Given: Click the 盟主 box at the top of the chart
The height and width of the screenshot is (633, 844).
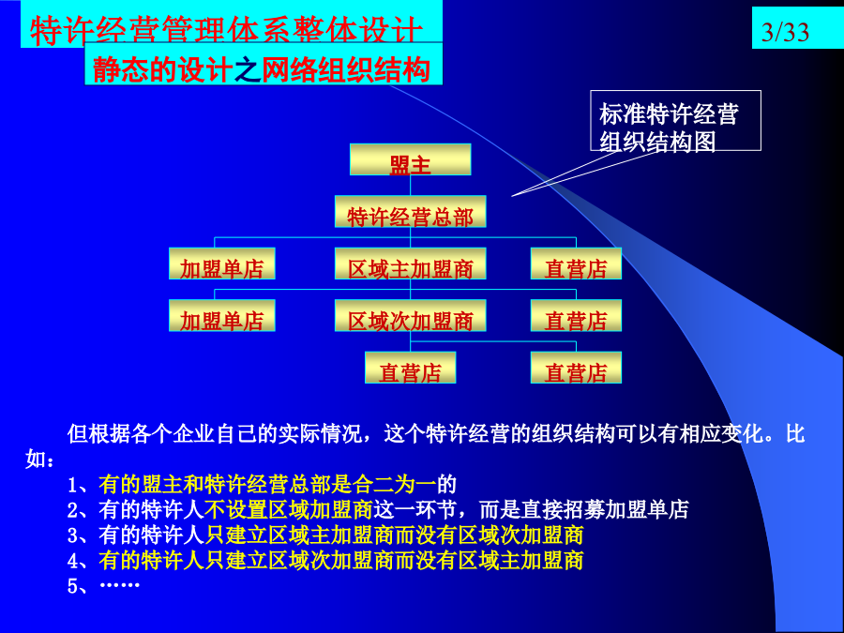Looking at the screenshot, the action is tap(410, 159).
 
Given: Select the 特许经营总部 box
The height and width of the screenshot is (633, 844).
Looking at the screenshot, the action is tap(410, 212).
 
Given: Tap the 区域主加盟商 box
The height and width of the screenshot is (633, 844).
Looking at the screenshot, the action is tap(410, 264).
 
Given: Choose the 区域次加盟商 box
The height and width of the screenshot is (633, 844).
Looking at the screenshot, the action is tap(410, 315).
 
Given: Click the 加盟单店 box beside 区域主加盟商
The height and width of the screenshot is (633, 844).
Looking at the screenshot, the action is tap(221, 264).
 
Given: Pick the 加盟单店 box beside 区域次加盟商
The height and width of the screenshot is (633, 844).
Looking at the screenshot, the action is tap(221, 315).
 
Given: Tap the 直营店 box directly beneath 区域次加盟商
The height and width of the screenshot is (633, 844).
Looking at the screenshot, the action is tap(410, 368).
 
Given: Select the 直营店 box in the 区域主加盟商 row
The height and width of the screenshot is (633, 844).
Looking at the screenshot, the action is tap(576, 264).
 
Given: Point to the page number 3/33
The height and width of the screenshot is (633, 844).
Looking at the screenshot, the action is tap(785, 32).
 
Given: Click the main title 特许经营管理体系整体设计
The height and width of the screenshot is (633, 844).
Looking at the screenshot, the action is tap(226, 31).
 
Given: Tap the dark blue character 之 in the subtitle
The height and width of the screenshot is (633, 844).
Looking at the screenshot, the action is tap(248, 70).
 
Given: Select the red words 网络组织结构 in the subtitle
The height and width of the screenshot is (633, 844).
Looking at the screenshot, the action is tap(346, 70).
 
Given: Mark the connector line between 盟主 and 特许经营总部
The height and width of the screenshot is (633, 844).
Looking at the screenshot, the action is tap(410, 186).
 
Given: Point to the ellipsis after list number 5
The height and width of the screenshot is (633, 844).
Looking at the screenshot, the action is tap(120, 585).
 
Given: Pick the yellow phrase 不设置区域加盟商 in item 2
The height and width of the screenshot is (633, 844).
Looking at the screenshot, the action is tap(289, 510).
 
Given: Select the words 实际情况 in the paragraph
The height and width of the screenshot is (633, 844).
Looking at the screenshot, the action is tap(321, 434).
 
